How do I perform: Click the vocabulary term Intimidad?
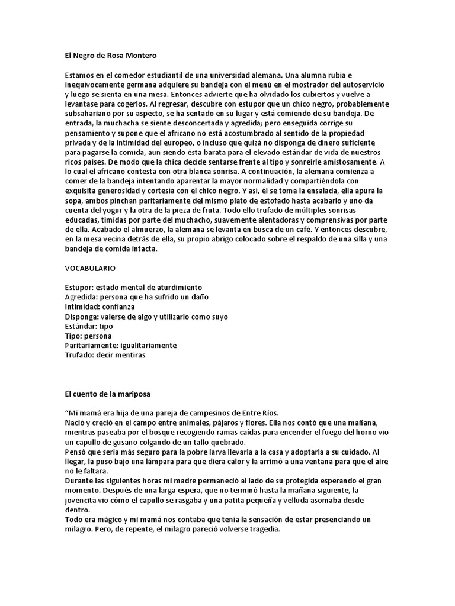(82, 307)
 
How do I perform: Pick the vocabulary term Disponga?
(81, 317)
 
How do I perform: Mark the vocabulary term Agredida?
(81, 297)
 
